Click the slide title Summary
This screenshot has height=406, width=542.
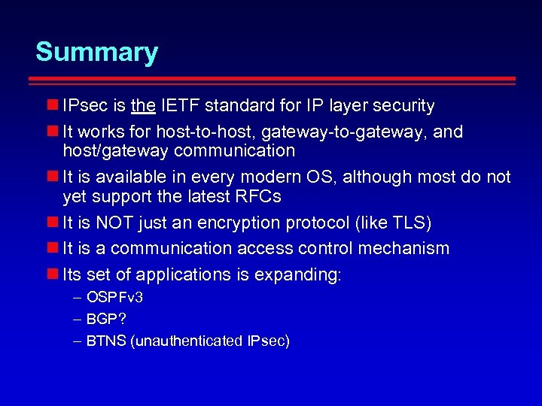96,52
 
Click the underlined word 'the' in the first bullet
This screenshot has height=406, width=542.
143,106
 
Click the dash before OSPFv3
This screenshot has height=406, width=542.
78,298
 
